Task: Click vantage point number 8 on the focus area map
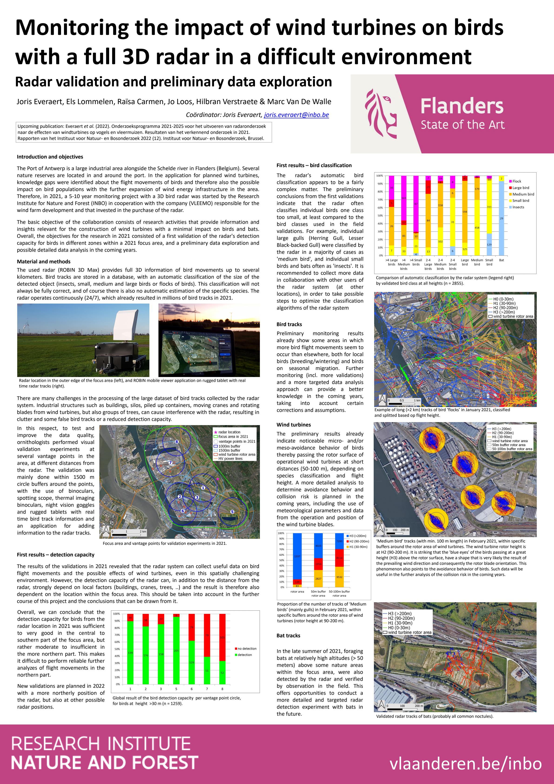tap(177, 442)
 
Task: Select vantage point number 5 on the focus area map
tap(232, 512)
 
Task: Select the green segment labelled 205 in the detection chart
tap(176, 651)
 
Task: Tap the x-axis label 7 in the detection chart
tap(207, 689)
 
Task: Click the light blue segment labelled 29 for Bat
tap(501, 218)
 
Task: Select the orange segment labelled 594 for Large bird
tap(465, 212)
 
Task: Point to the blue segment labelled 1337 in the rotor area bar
tap(297, 556)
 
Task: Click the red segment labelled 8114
tap(339, 558)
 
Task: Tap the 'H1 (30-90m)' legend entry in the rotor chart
tap(358, 547)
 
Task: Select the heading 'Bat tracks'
tap(289, 635)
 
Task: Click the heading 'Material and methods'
tap(44, 261)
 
